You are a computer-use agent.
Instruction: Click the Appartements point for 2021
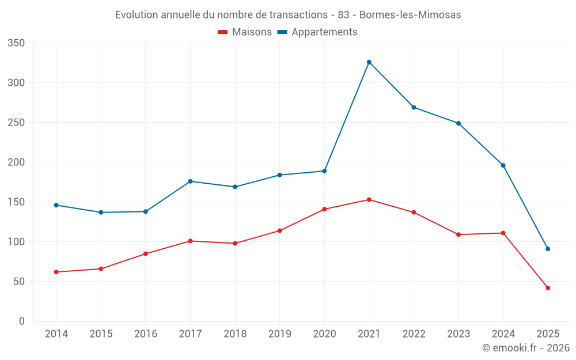click(369, 62)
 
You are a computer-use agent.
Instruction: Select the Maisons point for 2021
click(369, 200)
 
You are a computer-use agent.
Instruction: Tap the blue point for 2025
click(548, 249)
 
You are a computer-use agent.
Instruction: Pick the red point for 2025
click(548, 288)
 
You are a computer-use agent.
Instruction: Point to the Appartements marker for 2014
click(56, 205)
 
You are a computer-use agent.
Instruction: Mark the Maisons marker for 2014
click(56, 272)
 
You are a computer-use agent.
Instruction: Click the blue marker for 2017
click(190, 181)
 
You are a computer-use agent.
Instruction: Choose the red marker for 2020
click(324, 209)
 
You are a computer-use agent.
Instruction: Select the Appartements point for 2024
click(503, 165)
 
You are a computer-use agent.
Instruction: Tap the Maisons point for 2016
click(146, 253)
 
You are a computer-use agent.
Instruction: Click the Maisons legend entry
click(245, 32)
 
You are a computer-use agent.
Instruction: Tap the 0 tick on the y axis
click(22, 321)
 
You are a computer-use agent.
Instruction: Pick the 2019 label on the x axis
click(280, 334)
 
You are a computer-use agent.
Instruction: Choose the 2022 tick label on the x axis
click(414, 334)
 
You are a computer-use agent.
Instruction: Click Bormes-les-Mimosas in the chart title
click(410, 15)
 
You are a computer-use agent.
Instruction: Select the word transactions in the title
click(298, 15)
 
